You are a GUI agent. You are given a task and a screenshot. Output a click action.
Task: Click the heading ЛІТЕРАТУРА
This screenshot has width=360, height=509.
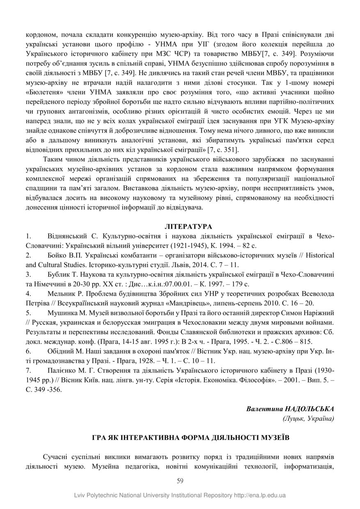(180, 227)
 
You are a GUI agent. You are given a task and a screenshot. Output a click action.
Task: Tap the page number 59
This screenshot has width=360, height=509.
(180, 481)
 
